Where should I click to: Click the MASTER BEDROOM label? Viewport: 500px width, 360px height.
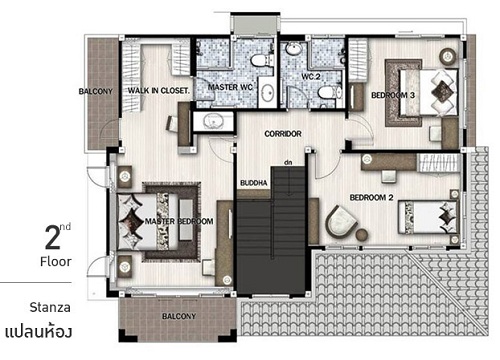tap(179, 221)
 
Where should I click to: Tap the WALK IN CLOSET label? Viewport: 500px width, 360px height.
tap(159, 90)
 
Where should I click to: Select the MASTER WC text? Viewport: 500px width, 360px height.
tap(230, 87)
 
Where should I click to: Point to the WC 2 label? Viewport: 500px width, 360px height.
tap(311, 77)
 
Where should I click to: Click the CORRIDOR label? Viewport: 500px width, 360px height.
tap(283, 134)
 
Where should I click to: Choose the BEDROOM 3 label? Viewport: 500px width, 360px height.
tap(393, 95)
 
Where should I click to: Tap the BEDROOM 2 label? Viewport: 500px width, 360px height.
tap(371, 198)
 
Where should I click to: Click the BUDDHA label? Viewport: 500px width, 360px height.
tap(254, 183)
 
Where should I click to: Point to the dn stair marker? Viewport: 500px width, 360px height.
tap(288, 163)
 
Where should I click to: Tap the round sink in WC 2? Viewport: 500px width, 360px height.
tap(294, 49)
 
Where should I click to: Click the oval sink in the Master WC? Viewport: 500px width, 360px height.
tap(268, 93)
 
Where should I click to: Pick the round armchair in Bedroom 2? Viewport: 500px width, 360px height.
tap(341, 222)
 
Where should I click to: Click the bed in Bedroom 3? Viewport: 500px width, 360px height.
tap(429, 92)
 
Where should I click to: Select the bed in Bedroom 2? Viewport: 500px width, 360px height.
tap(428, 217)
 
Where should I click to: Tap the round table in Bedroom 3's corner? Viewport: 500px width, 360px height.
tap(448, 56)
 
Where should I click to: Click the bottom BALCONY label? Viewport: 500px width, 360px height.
tap(179, 316)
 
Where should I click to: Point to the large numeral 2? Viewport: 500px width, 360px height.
tap(53, 237)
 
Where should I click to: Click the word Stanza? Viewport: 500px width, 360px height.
tap(50, 307)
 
